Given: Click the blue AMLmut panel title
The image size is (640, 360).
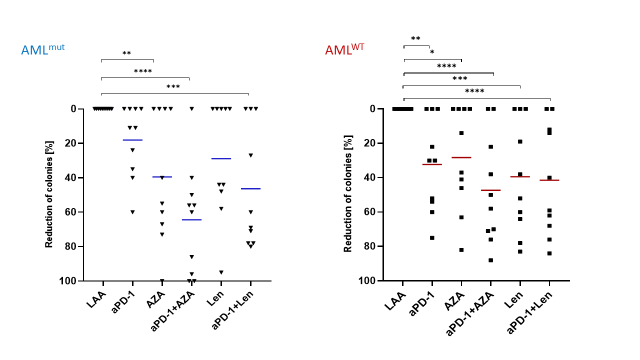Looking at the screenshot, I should tap(42, 50).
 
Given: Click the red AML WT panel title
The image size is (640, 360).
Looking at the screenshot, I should tap(344, 49).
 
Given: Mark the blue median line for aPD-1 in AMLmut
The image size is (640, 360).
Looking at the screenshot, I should tap(132, 140).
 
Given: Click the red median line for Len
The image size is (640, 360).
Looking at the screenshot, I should tap(520, 176).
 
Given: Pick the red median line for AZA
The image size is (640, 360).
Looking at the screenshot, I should tap(461, 157).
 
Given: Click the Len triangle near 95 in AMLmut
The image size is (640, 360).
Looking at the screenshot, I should tap(221, 272).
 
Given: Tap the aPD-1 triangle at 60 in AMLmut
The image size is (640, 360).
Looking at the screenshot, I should tap(132, 212).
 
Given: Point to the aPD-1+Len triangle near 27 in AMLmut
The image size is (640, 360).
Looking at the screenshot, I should tap(250, 155).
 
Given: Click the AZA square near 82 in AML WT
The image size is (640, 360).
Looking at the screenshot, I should tap(461, 250).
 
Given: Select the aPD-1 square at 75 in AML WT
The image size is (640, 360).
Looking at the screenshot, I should tap(432, 238).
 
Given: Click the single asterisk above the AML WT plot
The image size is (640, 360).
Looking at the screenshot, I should tap(432, 52).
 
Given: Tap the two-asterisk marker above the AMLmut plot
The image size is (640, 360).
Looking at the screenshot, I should tap(126, 53).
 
